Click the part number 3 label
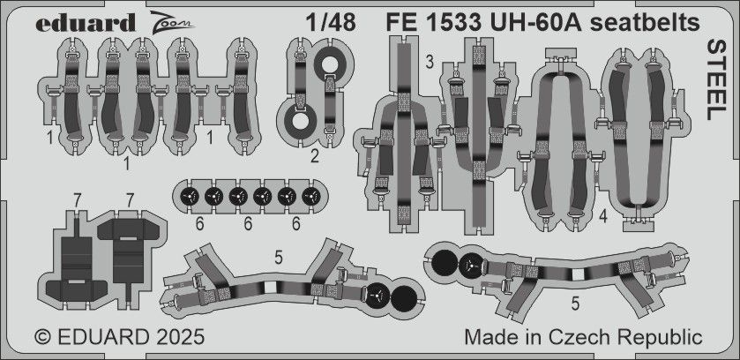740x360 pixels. point(428,62)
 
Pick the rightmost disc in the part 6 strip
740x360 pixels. point(310,195)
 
